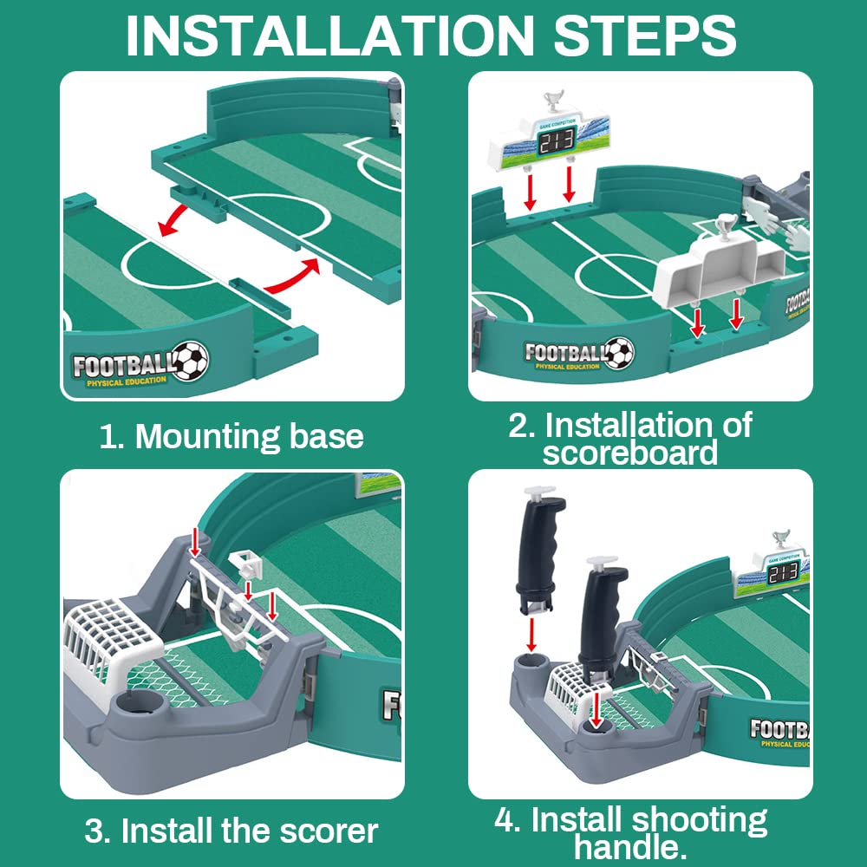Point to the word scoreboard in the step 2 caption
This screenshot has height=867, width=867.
(x=630, y=453)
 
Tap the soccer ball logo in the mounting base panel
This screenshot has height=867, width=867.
(x=190, y=361)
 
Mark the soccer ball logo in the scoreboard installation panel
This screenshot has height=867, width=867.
(x=619, y=352)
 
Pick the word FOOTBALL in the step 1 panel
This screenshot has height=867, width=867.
(x=122, y=364)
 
